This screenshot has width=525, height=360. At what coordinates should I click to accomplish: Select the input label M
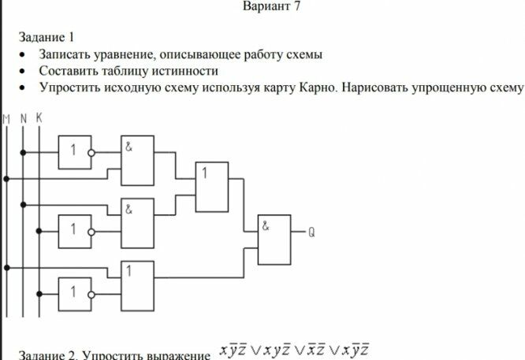pos(6,118)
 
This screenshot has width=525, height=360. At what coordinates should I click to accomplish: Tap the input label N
pos(23,118)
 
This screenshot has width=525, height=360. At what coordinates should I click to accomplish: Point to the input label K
pos(39,118)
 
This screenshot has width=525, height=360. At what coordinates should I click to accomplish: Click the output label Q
pos(312,232)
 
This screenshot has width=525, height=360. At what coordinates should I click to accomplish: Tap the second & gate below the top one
pos(136,221)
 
